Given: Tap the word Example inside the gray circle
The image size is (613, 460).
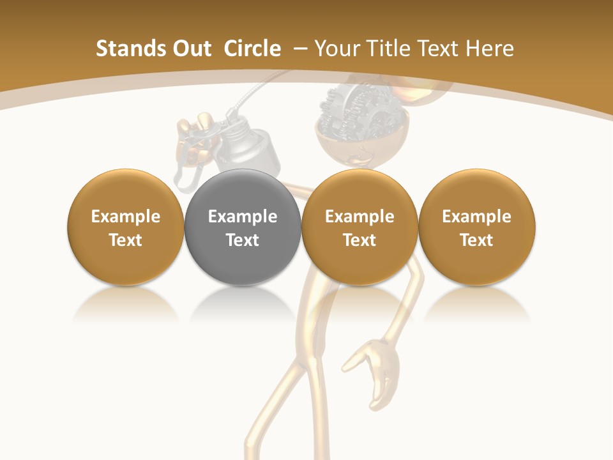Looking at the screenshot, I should tap(243, 217).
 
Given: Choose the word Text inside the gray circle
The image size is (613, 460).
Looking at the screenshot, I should tap(243, 240).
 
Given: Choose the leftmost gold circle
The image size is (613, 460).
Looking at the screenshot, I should tap(126, 227).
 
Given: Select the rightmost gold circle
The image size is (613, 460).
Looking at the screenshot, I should tap(477, 227).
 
